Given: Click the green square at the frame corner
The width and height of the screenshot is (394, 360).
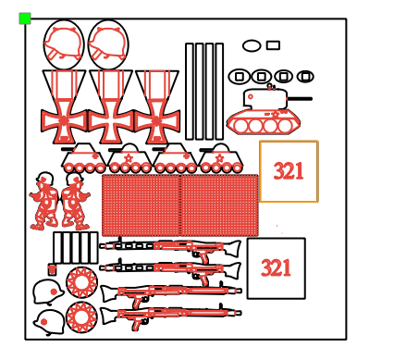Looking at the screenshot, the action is (25, 19).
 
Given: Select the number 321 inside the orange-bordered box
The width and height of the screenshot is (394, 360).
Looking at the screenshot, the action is (289, 171).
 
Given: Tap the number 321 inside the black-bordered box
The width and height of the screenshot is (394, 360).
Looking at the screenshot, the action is (276, 267).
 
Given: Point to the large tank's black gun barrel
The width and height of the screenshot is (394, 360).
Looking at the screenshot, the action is (300, 99).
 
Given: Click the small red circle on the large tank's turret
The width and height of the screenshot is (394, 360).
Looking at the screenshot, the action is (251, 96).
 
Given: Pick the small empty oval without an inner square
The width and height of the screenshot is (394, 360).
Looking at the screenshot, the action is (252, 45).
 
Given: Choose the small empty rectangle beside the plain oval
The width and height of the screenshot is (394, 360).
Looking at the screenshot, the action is (273, 45).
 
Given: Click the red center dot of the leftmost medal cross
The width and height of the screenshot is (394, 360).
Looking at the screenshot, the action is (64, 119).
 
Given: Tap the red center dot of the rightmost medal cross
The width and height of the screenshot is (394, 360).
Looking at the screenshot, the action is (157, 120).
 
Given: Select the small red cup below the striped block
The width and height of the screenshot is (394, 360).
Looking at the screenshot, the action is (52, 269).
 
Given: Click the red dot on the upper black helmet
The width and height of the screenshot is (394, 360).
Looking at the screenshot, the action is (54, 292).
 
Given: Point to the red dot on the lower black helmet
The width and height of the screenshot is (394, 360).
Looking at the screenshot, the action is (43, 322).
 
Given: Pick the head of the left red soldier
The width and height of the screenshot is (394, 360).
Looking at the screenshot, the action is (45, 179).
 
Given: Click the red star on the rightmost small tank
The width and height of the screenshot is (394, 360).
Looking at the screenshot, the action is (219, 158).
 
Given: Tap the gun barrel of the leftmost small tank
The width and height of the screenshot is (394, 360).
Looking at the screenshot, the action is (68, 149).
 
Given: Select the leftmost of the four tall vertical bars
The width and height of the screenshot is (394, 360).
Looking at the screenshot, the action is (190, 92).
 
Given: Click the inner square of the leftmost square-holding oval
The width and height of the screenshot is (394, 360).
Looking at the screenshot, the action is (240, 77).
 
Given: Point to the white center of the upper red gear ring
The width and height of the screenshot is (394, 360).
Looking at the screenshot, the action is (81, 282).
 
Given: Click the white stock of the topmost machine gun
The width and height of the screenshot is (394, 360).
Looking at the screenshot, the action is (232, 249).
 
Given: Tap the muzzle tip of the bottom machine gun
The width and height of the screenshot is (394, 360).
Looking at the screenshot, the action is (240, 313).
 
